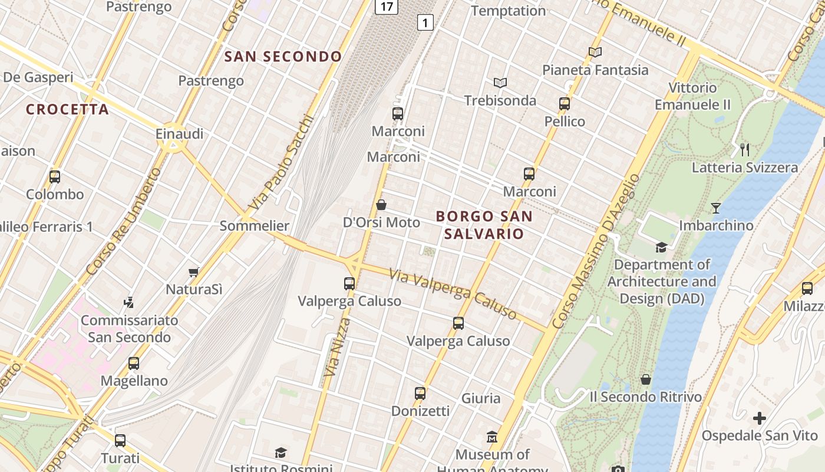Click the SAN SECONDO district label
click(283, 57)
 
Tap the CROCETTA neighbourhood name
click(68, 109)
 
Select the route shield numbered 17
click(387, 6)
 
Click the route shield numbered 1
click(425, 23)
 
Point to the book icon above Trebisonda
click(500, 83)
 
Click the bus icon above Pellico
click(565, 104)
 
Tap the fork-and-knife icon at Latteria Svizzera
click(745, 149)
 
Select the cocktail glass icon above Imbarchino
click(716, 208)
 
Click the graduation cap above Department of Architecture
click(662, 247)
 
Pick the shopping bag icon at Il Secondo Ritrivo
click(646, 379)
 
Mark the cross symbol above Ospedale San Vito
click(760, 418)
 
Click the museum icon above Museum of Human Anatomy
click(492, 437)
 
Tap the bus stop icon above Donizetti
click(420, 393)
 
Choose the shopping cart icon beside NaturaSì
click(193, 272)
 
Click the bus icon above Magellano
click(134, 363)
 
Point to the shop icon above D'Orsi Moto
click(381, 205)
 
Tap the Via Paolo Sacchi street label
click(280, 162)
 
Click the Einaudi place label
click(180, 134)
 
